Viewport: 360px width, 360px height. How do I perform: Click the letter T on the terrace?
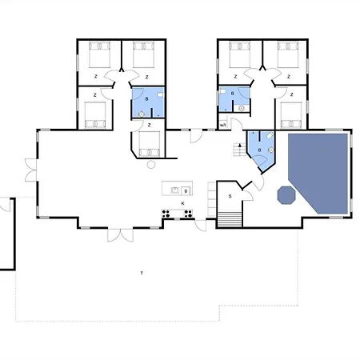click(142, 274)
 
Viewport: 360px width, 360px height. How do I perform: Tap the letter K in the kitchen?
click(183, 204)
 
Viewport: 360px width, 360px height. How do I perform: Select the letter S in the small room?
click(230, 196)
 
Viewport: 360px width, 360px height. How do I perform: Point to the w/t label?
click(222, 124)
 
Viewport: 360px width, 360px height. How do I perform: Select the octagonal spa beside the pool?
click(286, 195)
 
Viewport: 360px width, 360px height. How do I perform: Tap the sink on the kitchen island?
click(186, 190)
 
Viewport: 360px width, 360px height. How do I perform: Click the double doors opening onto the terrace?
click(119, 235)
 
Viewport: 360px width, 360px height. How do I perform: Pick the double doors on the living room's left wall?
click(30, 170)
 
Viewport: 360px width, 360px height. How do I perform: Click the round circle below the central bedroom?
click(151, 164)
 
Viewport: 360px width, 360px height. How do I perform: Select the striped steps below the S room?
click(230, 217)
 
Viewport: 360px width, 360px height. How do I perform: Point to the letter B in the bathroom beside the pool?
click(259, 150)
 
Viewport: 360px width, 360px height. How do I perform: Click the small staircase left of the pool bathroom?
click(238, 149)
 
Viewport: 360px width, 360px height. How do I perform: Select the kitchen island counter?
click(177, 190)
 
